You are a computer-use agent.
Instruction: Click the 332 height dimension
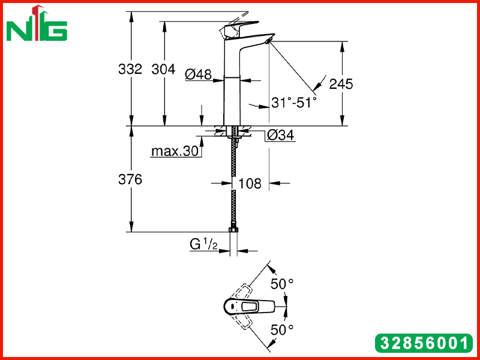[x=130, y=69]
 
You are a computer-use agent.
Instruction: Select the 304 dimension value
[x=163, y=69]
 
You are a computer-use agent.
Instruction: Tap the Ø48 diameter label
[x=199, y=74]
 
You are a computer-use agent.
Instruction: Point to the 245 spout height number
[x=341, y=83]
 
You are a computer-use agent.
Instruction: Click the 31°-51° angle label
[x=293, y=103]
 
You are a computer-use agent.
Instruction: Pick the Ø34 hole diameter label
[x=280, y=135]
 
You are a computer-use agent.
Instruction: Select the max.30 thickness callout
[x=175, y=151]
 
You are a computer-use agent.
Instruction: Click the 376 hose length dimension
[x=130, y=179]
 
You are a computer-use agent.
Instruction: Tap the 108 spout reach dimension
[x=250, y=184]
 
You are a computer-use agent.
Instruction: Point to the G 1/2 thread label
[x=203, y=245]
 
